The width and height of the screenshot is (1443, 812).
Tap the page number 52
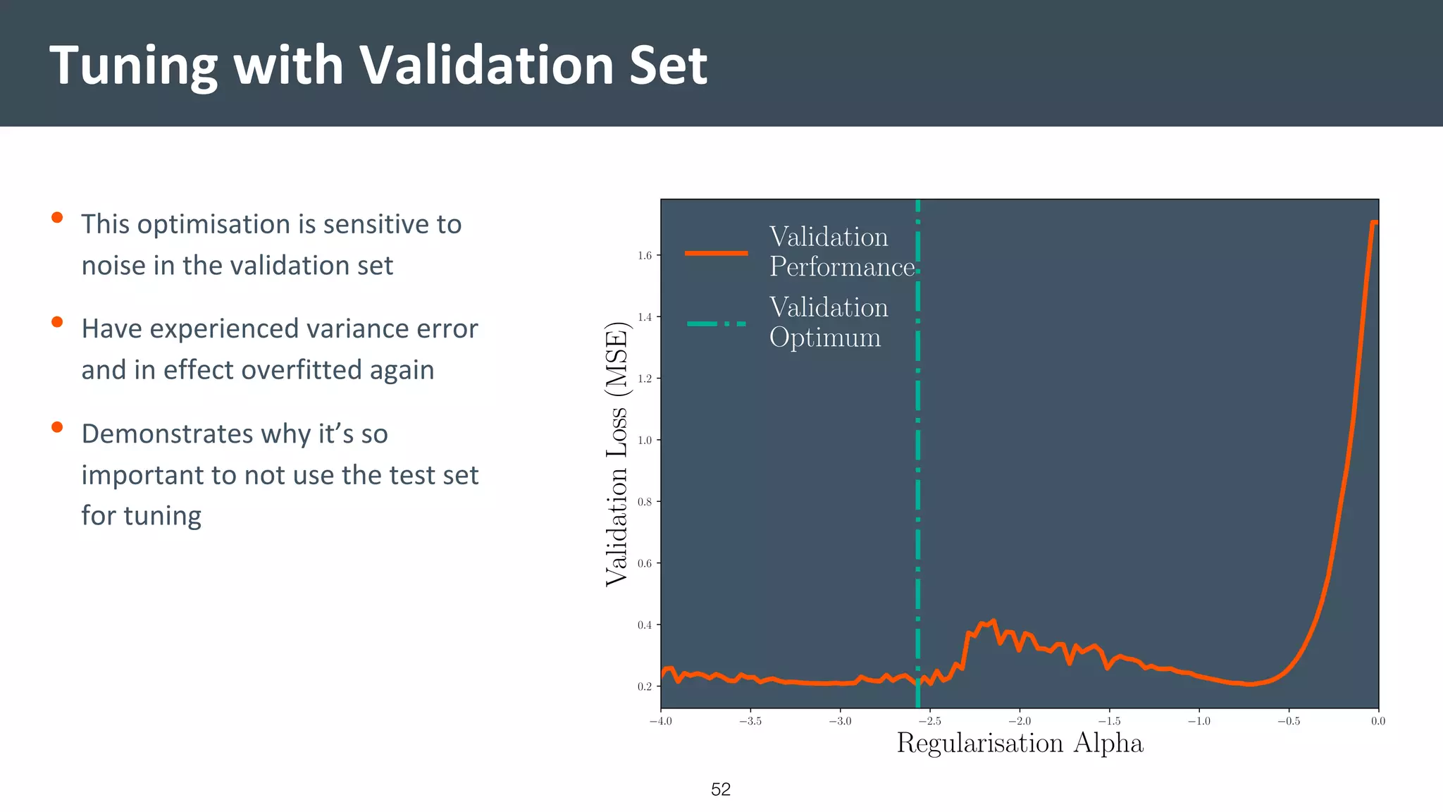721,789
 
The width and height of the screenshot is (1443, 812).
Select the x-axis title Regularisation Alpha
1019,743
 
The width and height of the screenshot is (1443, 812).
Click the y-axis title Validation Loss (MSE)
617,453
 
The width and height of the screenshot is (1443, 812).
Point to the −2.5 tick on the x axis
929,721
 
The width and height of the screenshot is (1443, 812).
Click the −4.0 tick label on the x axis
660,721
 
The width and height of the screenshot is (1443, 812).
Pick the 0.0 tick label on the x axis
1377,721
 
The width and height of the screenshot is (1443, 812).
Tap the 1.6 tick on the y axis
645,255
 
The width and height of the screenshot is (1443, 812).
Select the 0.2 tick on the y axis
645,687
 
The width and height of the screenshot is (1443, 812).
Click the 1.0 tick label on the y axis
645,440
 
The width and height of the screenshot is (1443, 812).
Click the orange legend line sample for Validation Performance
716,253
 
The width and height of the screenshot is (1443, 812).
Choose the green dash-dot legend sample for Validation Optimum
716,324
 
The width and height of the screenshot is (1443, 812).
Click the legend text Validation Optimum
828,322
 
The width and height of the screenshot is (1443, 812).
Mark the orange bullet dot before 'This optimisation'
57,218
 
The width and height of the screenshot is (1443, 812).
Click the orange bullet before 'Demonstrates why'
57,427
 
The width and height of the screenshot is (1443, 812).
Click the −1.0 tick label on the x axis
1199,721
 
